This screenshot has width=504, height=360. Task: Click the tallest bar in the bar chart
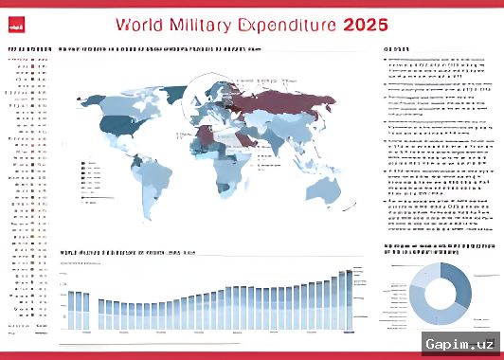pos(348,299)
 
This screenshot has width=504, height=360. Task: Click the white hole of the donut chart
pos(442,294)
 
